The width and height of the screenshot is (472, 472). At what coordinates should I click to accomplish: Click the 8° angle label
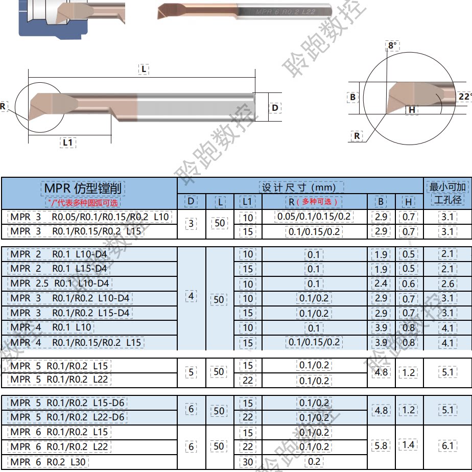coord(392,46)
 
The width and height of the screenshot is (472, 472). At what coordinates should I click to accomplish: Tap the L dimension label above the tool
coord(144,69)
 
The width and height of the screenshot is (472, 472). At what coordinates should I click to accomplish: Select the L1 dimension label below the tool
coord(68,142)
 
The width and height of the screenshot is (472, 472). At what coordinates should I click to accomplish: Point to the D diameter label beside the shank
coord(275,108)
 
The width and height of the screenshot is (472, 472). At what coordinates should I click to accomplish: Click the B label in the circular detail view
coord(352,97)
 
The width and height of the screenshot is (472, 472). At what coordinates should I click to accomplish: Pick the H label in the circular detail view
coord(412,110)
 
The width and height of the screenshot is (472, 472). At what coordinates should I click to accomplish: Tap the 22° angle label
coord(465,97)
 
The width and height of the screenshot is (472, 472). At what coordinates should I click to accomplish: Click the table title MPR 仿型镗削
coord(83,188)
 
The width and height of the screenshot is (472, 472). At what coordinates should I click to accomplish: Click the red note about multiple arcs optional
coord(83,202)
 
